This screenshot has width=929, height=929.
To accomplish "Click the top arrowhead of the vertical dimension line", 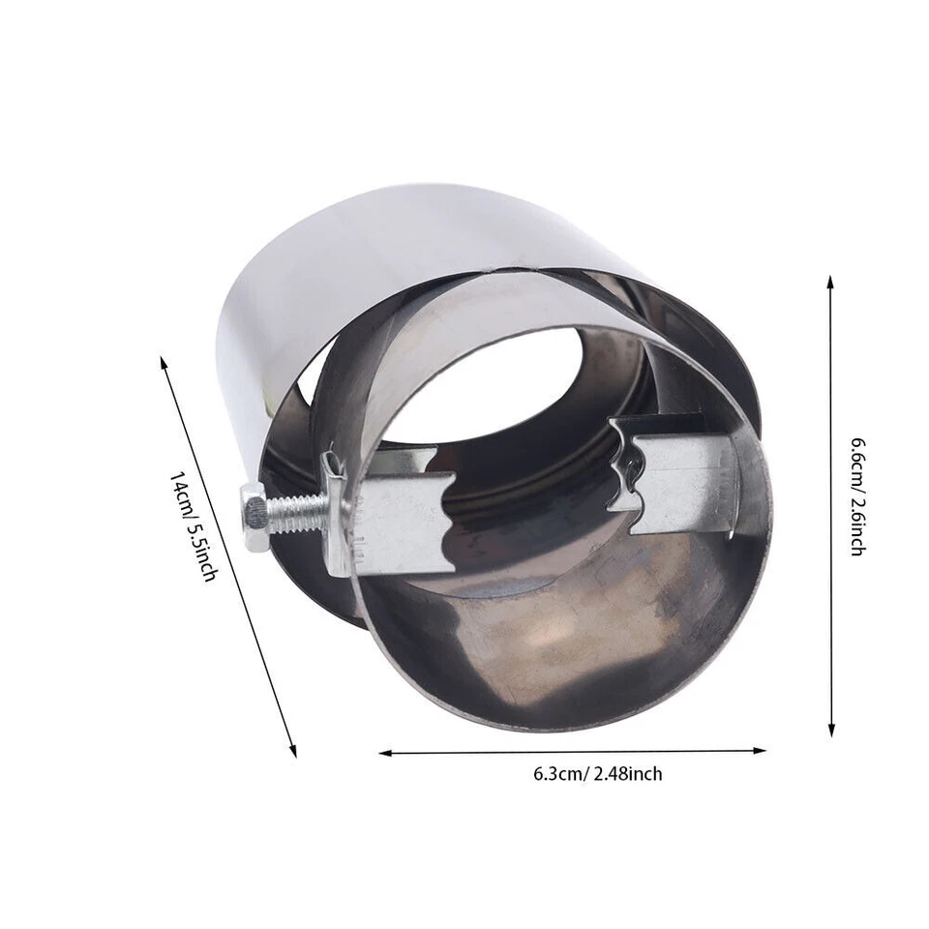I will point(830,282).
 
